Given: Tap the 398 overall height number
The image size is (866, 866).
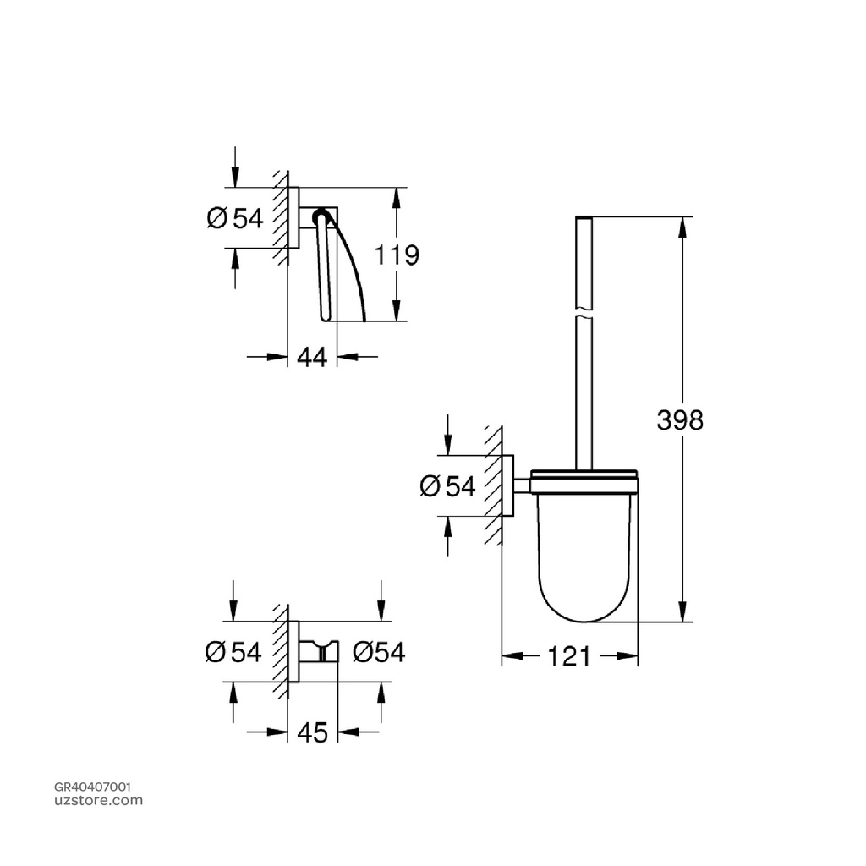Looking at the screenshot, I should [x=680, y=419].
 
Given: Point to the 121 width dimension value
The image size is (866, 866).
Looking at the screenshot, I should [x=569, y=655].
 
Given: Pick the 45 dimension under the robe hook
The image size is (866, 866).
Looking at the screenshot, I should [x=312, y=734].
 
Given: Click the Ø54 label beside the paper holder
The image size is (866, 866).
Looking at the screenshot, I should [x=235, y=219].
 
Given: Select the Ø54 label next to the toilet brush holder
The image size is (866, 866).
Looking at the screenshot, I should [x=447, y=486].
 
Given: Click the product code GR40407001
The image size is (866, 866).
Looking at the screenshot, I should [x=92, y=787].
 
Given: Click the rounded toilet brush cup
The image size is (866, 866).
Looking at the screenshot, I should [x=583, y=558].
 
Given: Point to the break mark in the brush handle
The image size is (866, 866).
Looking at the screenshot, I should [x=583, y=315].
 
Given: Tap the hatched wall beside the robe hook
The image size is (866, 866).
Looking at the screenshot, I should [x=279, y=652].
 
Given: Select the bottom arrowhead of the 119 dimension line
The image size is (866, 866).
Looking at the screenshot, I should [x=395, y=314].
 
